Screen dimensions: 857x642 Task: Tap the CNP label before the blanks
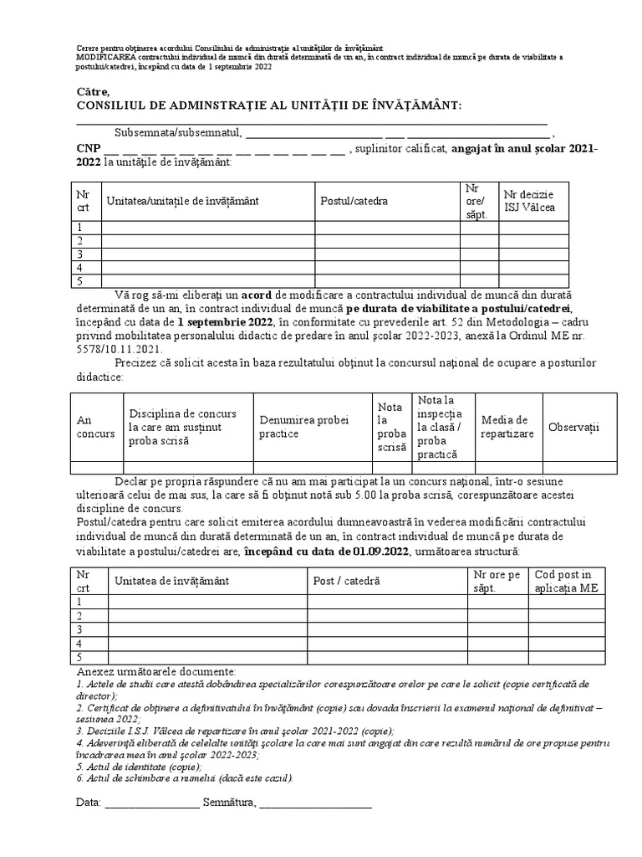coord(87,149)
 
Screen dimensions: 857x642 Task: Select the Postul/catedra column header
coord(354,201)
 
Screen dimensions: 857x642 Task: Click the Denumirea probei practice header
coord(295,427)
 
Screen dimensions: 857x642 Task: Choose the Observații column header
coord(573,427)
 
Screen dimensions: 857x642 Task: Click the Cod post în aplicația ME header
coord(563,581)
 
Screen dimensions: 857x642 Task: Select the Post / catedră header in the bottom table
coord(346,580)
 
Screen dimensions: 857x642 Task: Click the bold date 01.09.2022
coord(374,552)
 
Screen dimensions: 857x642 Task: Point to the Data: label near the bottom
coord(88,803)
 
